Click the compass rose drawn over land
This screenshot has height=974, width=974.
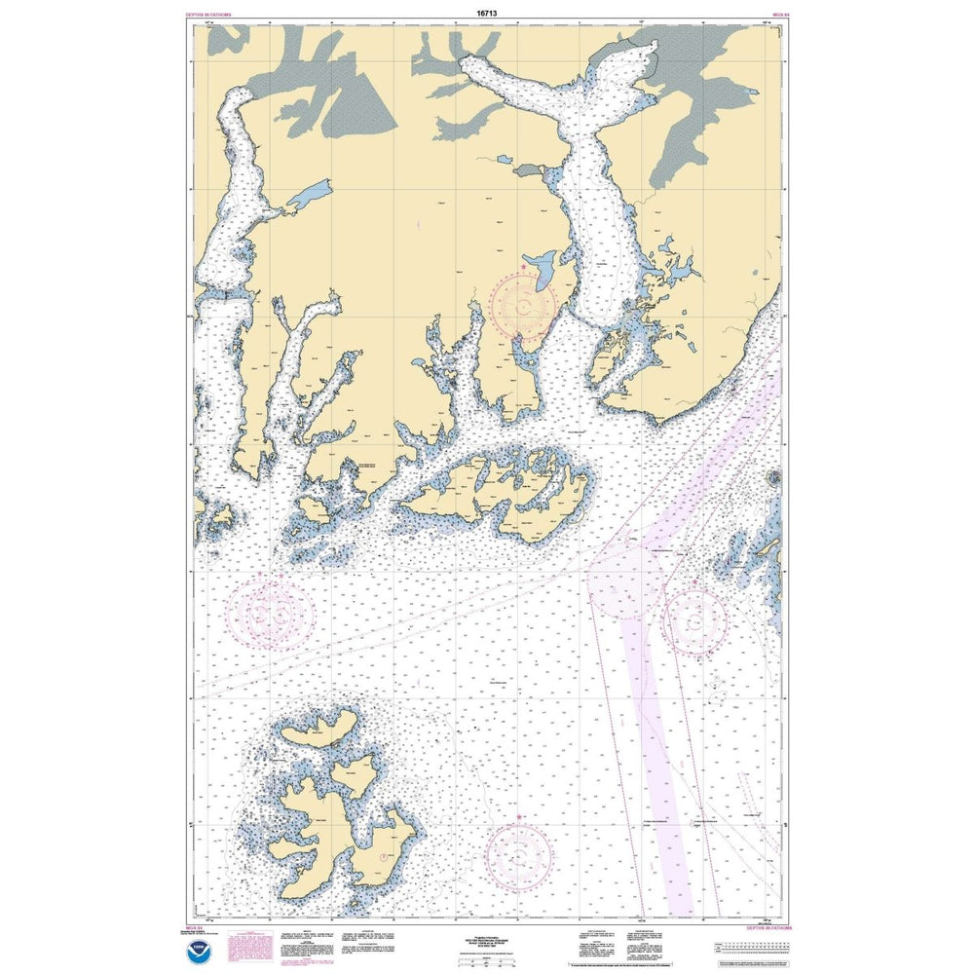click(x=524, y=306)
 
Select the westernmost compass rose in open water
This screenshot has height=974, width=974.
click(x=268, y=614)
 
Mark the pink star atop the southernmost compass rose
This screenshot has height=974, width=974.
click(x=518, y=817)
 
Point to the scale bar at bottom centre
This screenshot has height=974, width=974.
click(x=487, y=958)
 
